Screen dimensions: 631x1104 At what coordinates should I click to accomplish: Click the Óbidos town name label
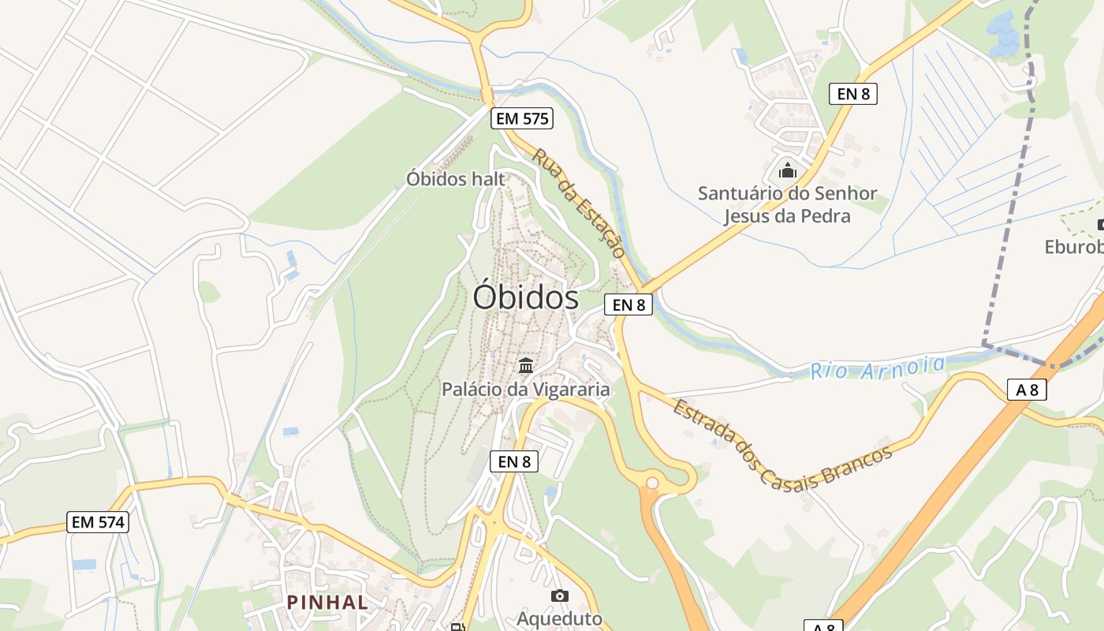[x=526, y=297]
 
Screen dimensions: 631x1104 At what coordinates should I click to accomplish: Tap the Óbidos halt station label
[x=455, y=179]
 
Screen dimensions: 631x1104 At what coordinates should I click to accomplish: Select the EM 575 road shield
[x=522, y=119]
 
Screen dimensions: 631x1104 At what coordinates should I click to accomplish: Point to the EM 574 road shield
[x=98, y=521]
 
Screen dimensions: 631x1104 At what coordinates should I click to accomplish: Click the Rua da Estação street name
[x=579, y=203]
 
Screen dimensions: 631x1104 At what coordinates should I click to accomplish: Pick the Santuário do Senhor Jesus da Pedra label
[x=787, y=204]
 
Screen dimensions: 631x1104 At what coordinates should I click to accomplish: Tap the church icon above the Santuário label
[x=787, y=170]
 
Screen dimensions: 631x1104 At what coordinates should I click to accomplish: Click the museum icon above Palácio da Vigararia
[x=526, y=365]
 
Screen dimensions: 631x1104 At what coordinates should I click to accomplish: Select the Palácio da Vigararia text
[x=526, y=389]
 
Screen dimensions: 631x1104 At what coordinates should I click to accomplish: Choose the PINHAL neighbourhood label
[x=327, y=603]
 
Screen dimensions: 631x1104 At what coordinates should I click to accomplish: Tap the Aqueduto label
[x=559, y=619]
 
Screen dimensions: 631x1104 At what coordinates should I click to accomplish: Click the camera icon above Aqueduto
[x=560, y=596]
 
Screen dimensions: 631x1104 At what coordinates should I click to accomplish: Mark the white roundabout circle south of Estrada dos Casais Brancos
[x=652, y=483]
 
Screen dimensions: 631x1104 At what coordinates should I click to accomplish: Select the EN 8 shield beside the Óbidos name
[x=628, y=304]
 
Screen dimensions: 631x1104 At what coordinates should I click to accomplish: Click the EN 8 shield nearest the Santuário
[x=853, y=94]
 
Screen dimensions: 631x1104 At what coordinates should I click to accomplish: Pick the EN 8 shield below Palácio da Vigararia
[x=514, y=461]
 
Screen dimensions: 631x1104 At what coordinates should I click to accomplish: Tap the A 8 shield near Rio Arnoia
[x=1027, y=389]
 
